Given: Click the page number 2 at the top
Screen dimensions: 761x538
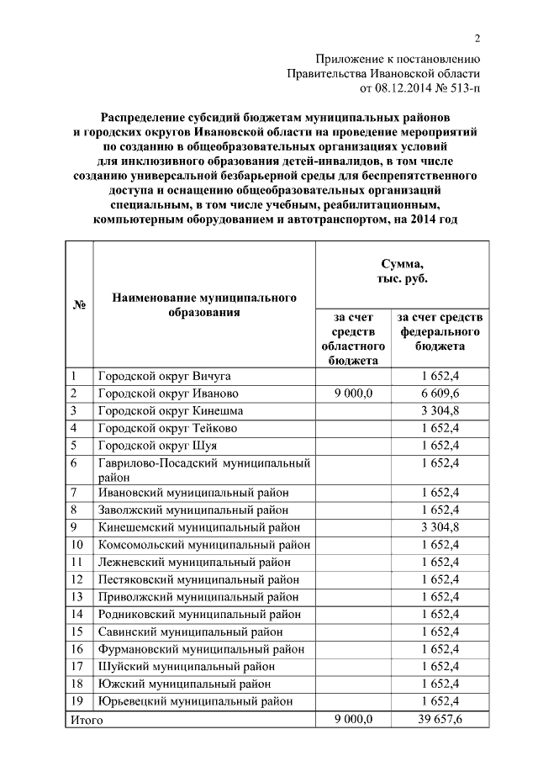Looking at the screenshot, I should pos(477,39).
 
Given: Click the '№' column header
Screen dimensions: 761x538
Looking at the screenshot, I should pos(80,304).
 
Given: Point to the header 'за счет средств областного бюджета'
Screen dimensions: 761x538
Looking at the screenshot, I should pos(353,338).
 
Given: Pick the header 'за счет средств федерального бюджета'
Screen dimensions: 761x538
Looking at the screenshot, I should pos(440,331).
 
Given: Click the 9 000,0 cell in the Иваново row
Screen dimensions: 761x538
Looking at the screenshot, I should pos(353,394).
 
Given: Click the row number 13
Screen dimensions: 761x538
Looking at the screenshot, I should pos(77,596).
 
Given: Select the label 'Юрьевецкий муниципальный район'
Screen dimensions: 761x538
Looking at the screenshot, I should pos(195,700).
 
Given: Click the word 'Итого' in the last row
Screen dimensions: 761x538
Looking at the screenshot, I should pos(86,720).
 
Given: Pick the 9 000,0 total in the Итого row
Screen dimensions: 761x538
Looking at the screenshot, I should pos(353,720).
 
